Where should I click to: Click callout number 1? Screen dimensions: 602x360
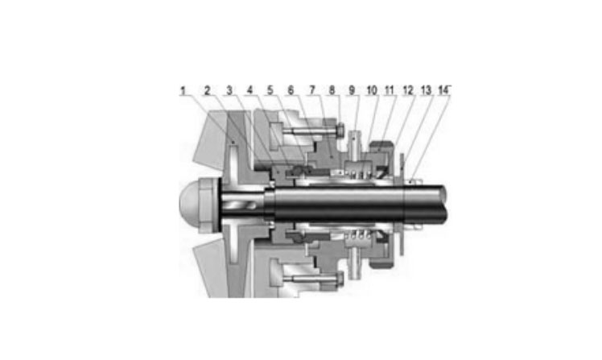(x=183, y=91)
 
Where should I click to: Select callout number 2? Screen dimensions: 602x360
(x=208, y=91)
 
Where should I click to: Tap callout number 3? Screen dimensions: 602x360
(x=229, y=91)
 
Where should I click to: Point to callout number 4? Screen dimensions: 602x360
(x=250, y=90)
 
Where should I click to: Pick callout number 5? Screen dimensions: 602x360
(x=270, y=90)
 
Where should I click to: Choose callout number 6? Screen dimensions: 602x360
(x=291, y=90)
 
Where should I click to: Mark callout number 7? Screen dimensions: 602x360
(x=312, y=90)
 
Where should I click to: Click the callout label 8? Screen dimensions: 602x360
(x=332, y=90)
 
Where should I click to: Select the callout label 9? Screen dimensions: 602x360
(x=352, y=90)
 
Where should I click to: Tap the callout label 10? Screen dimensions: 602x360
(x=372, y=90)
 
